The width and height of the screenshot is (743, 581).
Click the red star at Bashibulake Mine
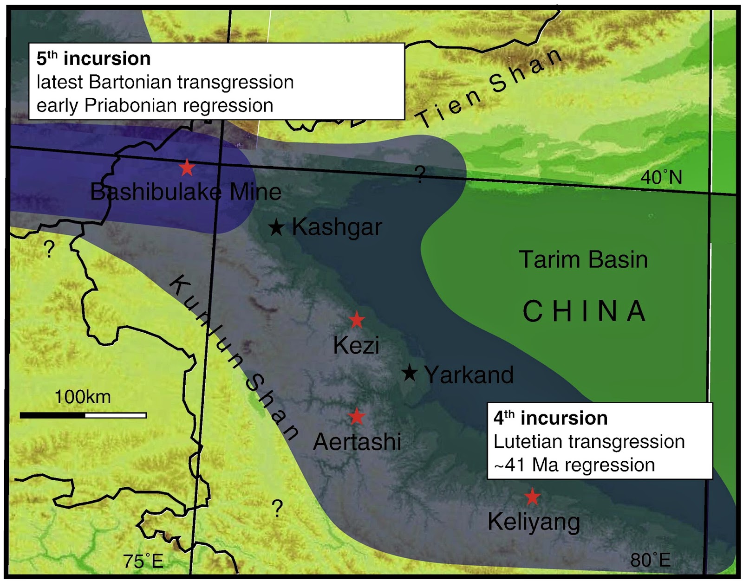pyautogui.click(x=187, y=168)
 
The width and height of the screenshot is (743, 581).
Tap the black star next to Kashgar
pyautogui.click(x=276, y=227)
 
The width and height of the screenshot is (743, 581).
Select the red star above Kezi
pyautogui.click(x=357, y=320)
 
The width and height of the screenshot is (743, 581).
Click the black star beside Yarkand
pyautogui.click(x=409, y=373)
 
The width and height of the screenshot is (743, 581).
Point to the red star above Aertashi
pyautogui.click(x=357, y=416)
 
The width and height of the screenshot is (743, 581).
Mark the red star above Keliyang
pyautogui.click(x=532, y=497)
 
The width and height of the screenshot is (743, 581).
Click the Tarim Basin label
pyautogui.click(x=583, y=259)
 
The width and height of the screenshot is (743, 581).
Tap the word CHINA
pyautogui.click(x=584, y=311)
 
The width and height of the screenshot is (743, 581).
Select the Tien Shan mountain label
pyautogui.click(x=490, y=88)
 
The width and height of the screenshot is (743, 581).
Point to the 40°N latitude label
pyautogui.click(x=661, y=177)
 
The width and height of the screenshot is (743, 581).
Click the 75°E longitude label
pyautogui.click(x=143, y=562)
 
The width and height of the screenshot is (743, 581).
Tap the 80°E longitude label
pyautogui.click(x=650, y=560)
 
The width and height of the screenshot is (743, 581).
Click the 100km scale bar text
pyautogui.click(x=83, y=397)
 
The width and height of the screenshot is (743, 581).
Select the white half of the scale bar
pyautogui.click(x=115, y=415)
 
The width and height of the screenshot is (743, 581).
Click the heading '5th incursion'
pyautogui.click(x=94, y=59)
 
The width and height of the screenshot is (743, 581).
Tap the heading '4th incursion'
pyautogui.click(x=550, y=418)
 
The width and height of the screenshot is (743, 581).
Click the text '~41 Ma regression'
pyautogui.click(x=574, y=465)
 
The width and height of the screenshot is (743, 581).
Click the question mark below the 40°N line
pyautogui.click(x=419, y=175)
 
